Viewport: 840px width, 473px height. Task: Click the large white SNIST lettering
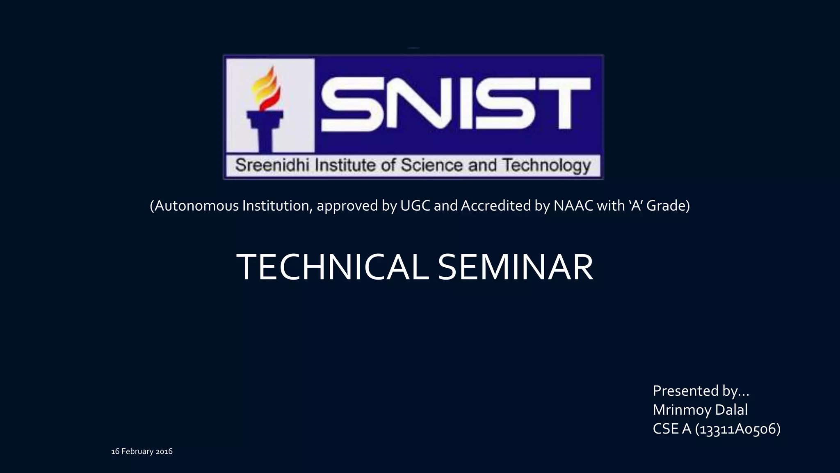click(455, 105)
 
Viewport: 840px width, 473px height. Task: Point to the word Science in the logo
click(432, 165)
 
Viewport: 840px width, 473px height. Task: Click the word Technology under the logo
click(547, 165)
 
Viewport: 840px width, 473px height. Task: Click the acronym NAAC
click(573, 205)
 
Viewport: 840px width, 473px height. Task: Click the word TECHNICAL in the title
click(333, 267)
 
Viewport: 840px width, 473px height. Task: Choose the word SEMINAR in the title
click(515, 267)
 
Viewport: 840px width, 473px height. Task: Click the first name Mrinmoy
click(682, 410)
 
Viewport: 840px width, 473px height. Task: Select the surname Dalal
click(731, 410)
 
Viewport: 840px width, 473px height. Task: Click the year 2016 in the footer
click(164, 452)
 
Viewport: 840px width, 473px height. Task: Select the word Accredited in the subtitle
click(496, 205)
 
